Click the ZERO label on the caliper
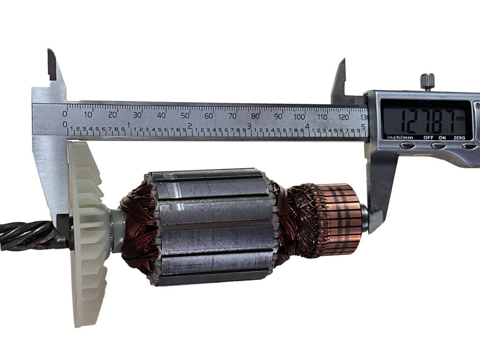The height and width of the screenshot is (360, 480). (459, 138)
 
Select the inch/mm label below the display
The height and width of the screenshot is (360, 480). (400, 137)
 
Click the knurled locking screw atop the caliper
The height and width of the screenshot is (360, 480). (427, 82)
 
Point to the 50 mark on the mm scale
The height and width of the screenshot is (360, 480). (185, 116)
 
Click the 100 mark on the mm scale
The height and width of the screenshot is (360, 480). (299, 117)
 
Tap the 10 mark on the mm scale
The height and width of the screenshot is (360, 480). (88, 115)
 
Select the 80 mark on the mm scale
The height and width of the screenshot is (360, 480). (255, 116)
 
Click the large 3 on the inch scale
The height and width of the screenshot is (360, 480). (249, 126)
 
